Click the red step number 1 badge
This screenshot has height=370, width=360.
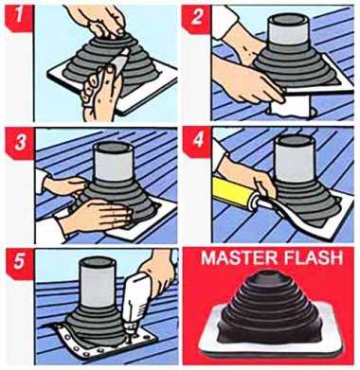[x=18, y=18]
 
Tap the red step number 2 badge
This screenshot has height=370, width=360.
[x=196, y=18]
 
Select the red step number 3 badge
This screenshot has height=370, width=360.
[x=20, y=143]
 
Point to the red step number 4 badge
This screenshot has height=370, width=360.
[x=198, y=142]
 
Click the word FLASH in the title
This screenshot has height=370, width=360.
[x=313, y=257]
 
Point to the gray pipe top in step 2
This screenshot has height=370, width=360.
[x=287, y=30]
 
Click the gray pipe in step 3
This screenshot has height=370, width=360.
[x=113, y=162]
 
